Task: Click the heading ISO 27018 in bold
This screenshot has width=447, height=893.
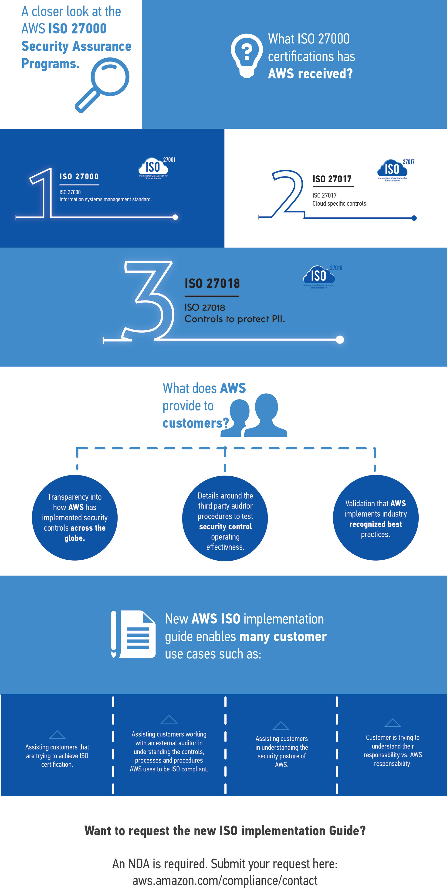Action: (x=212, y=284)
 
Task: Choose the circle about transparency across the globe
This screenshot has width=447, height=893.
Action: (x=74, y=518)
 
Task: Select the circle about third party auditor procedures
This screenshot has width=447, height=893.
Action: (x=225, y=518)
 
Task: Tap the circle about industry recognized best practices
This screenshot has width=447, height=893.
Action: (x=376, y=518)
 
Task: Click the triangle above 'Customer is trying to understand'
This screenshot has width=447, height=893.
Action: (x=393, y=723)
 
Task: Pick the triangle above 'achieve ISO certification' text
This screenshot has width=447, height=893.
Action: (x=57, y=735)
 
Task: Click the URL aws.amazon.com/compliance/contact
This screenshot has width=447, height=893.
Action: (x=225, y=880)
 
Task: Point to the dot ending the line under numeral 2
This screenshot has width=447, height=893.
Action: (x=414, y=218)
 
